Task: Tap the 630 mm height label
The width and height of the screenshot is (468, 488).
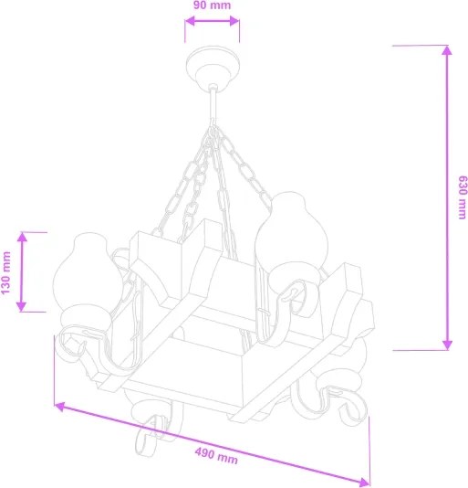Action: click(462, 196)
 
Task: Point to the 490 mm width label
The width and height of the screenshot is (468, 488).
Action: click(216, 454)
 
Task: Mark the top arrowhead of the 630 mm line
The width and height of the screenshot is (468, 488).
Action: click(446, 52)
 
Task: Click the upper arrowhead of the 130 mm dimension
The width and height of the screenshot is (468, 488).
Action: click(23, 238)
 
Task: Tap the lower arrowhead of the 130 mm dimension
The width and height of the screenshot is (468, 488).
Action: click(23, 304)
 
